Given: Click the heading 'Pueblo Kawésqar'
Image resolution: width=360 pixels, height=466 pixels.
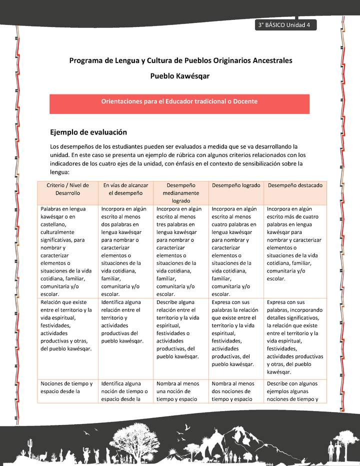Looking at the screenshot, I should (180, 76).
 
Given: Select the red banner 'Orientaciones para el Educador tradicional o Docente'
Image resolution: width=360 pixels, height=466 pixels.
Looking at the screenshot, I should (179, 101).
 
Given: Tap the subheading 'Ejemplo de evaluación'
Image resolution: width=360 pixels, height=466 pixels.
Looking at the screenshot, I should (88, 132).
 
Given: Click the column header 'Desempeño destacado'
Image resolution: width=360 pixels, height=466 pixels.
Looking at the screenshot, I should (295, 185).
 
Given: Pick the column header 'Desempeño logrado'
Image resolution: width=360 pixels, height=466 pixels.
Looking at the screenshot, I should (236, 185).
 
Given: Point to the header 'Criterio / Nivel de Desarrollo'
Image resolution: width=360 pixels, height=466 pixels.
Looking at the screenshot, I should (68, 189).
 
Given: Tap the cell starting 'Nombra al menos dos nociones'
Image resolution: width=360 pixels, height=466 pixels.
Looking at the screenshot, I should (236, 391).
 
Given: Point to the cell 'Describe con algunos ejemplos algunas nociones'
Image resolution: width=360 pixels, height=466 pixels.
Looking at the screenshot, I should (295, 391).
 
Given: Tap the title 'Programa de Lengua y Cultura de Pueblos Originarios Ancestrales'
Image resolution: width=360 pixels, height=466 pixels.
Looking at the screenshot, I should (180, 60).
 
